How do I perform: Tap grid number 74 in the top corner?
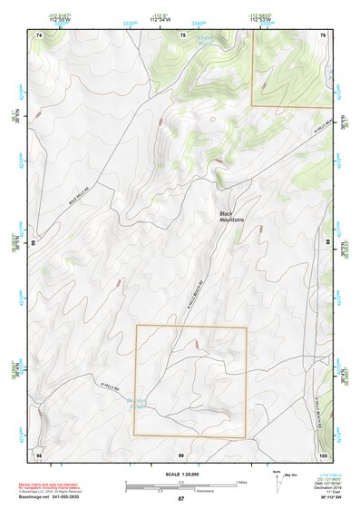point(39,34)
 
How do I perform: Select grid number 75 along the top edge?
point(182,34)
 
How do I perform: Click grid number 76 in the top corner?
point(323,34)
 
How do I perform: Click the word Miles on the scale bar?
point(240,482)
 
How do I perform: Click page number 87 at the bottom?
point(180,499)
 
